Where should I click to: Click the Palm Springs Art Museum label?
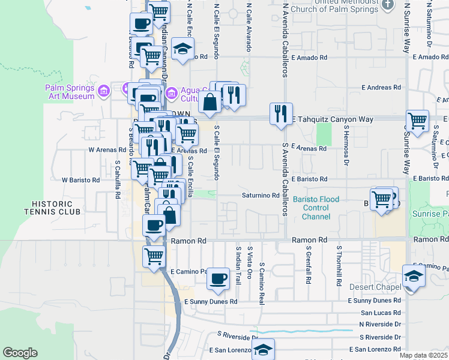70,92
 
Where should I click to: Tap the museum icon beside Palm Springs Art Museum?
104,91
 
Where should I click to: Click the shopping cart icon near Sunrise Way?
417,120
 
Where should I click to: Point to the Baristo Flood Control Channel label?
316,208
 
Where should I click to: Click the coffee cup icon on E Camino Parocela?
218,278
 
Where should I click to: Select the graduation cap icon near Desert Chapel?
414,276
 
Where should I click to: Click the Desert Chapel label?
375,287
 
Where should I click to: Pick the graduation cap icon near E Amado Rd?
182,49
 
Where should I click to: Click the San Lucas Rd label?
381,313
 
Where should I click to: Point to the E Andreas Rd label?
381,88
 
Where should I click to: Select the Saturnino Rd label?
261,195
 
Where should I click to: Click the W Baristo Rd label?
80,179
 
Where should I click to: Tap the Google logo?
20,353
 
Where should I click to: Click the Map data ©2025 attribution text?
424,355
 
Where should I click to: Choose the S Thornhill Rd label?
339,264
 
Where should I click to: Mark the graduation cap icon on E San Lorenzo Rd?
263,350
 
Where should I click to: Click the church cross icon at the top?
388,4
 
